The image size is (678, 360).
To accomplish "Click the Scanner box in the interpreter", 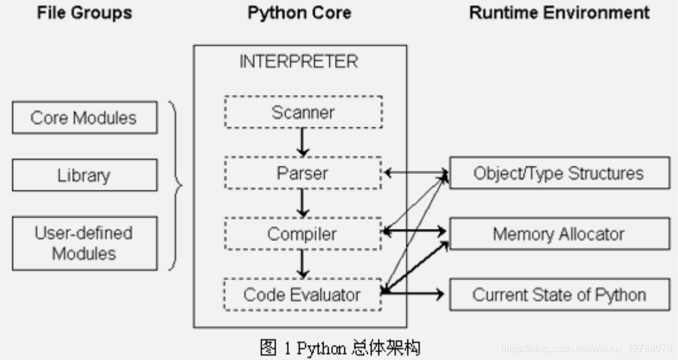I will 303,112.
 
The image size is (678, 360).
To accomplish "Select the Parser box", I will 303,173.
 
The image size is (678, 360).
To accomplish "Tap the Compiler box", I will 303,234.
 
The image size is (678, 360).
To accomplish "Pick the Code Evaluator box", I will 303,294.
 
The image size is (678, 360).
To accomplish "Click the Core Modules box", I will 84,118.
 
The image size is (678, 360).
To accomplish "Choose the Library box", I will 84,175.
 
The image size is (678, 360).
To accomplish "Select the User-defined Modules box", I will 84,243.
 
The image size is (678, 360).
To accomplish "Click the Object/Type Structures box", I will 559,173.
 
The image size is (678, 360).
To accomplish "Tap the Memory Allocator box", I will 559,234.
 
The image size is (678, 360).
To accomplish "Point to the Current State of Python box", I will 559,294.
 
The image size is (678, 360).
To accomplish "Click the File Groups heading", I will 84,13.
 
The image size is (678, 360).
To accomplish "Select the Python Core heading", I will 299,13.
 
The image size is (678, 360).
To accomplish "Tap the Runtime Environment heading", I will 559,13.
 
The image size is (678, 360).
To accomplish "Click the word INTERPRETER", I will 298,62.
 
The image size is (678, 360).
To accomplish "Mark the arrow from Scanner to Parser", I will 303,142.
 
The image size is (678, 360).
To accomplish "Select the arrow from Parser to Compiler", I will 303,203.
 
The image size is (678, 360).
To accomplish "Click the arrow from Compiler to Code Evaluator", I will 303,264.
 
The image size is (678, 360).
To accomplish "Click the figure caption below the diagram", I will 340,347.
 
